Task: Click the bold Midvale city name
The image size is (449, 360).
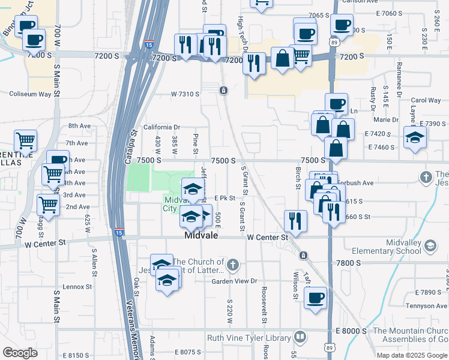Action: [200, 237]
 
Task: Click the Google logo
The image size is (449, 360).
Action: [20, 353]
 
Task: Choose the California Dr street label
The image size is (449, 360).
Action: [161, 127]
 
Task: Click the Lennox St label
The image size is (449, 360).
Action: [76, 287]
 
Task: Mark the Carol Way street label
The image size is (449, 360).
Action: [426, 101]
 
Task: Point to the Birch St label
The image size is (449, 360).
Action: [298, 178]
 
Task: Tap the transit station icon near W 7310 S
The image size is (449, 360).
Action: [223, 91]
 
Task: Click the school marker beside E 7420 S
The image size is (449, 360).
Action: [415, 137]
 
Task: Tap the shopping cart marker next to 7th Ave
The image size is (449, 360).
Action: [25, 141]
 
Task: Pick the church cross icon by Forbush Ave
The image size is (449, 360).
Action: [426, 177]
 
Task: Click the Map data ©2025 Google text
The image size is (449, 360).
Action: [412, 355]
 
